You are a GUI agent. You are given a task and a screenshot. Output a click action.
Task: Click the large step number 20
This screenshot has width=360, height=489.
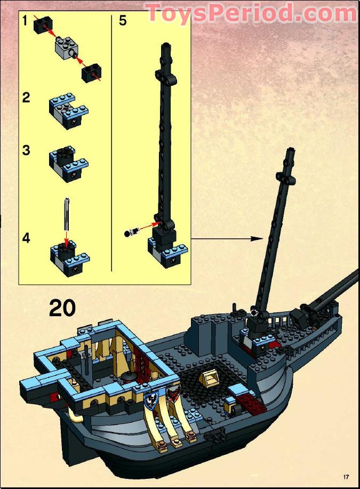[x=62, y=308]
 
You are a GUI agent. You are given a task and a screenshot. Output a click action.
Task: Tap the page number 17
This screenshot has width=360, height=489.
[x=346, y=476]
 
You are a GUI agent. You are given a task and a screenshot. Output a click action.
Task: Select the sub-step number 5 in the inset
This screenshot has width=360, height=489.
[x=123, y=21]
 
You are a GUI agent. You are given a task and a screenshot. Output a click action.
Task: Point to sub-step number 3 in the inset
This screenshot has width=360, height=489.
[x=26, y=150]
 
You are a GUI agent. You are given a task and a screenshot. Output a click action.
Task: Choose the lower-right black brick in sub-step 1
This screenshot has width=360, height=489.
[x=91, y=73]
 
